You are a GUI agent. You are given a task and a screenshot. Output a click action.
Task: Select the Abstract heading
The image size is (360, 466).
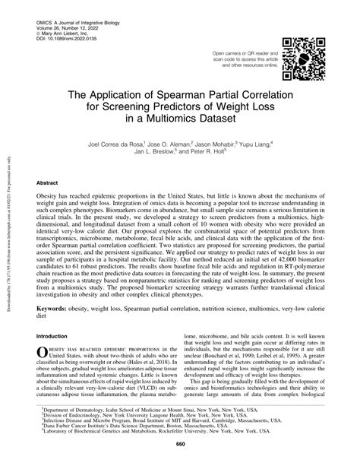pyautogui.click(x=48, y=183)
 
